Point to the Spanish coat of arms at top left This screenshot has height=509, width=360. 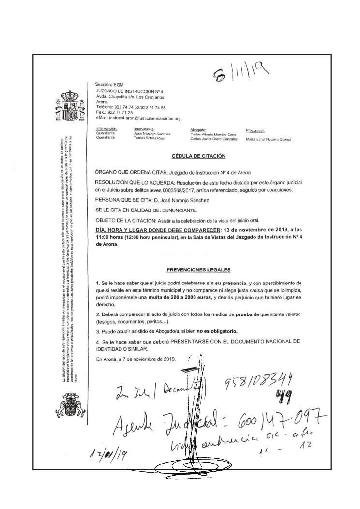pos(67,106)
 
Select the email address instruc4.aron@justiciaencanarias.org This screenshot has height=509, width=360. pos(138,118)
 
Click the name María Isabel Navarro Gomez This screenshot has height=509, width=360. pos(268,139)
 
